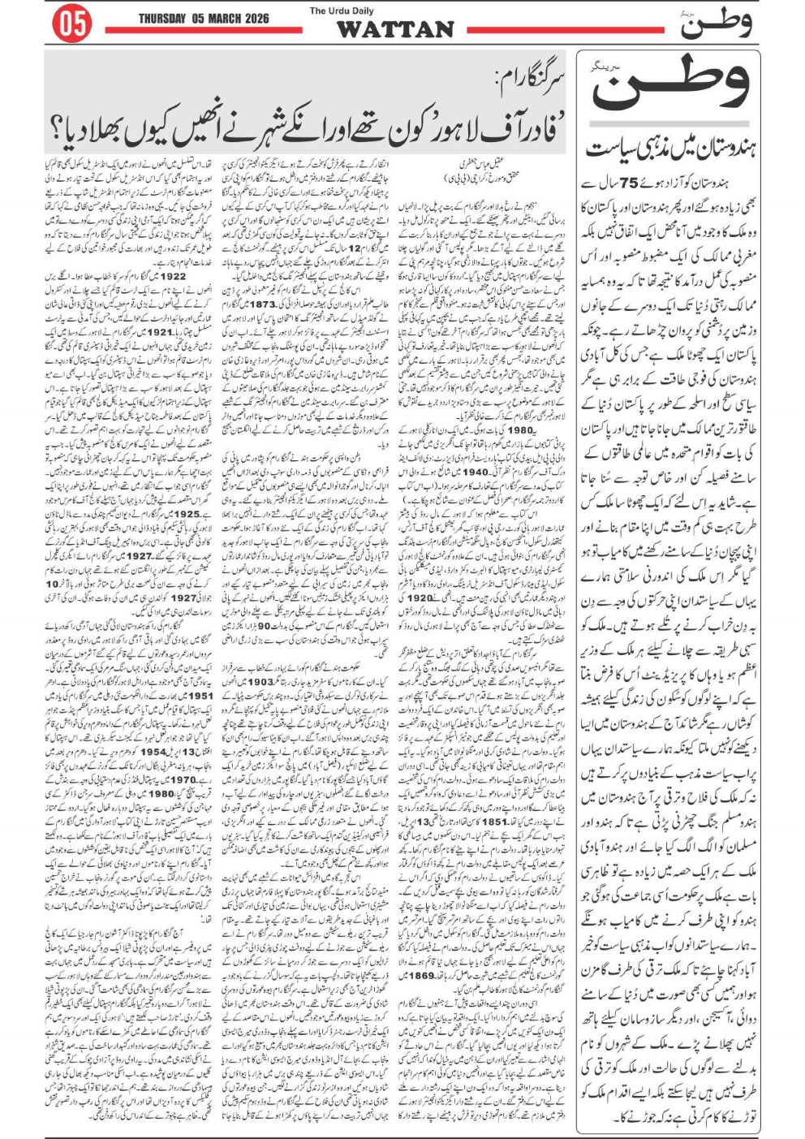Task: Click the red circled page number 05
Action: click(71, 24)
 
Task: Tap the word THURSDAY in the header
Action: click(165, 19)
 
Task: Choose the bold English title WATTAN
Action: click(395, 29)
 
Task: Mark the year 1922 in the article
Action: click(170, 276)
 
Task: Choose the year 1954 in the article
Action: click(153, 752)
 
